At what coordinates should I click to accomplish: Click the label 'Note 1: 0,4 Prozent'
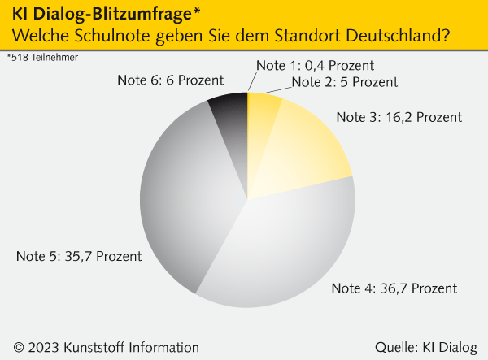pos(315,66)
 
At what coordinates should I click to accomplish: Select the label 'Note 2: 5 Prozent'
pos(344,81)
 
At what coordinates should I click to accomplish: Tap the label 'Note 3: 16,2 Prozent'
pos(399,117)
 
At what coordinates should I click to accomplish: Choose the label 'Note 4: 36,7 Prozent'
pos(394,288)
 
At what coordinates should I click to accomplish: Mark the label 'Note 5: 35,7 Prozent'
pos(79,256)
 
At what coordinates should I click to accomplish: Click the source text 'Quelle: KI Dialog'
pos(426,346)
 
